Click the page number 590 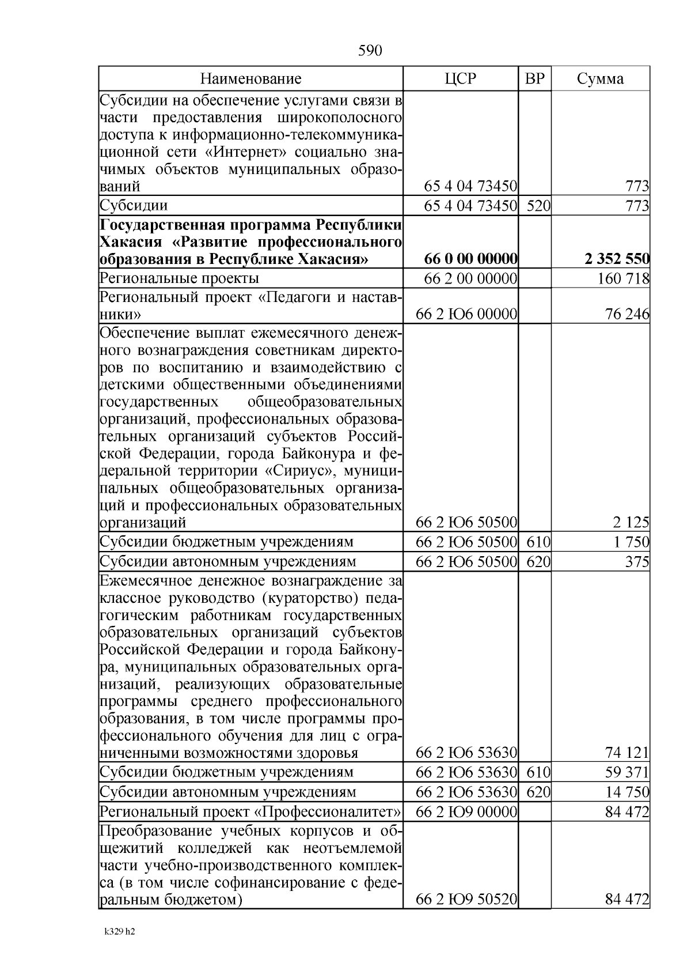[370, 51]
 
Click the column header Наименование [250, 79]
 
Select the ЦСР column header [461, 79]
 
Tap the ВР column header [535, 79]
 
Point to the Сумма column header [600, 79]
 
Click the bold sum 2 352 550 [617, 259]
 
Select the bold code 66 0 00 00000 [470, 259]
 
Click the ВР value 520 [538, 206]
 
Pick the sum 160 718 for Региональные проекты [624, 279]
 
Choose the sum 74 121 [630, 753]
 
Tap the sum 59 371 [630, 772]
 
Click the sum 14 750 [630, 792]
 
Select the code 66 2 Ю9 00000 [466, 812]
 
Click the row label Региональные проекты [179, 279]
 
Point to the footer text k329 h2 [120, 931]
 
